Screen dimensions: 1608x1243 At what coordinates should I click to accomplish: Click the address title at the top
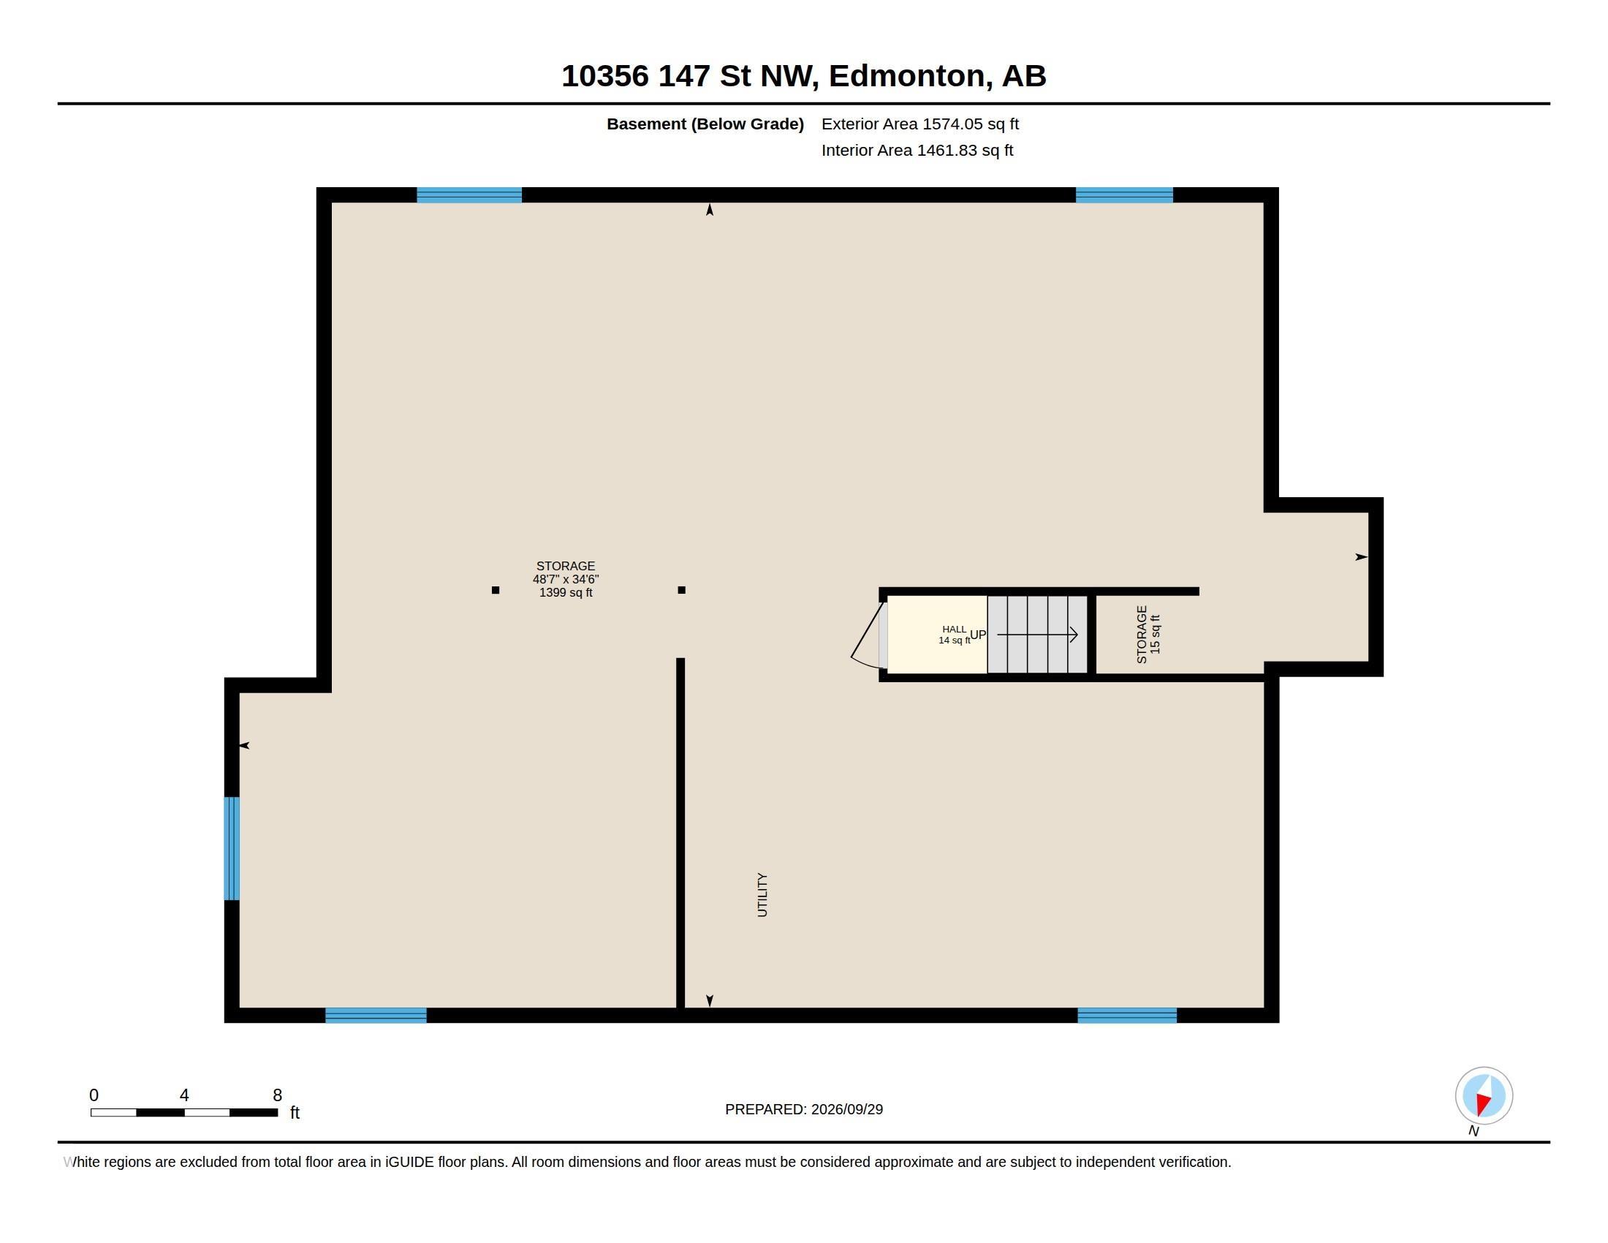tap(803, 76)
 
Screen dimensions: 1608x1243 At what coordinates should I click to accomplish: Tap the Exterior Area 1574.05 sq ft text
tap(919, 124)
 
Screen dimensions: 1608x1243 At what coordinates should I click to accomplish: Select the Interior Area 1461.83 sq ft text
tap(917, 150)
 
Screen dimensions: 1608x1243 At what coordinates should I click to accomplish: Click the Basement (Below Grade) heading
tap(705, 124)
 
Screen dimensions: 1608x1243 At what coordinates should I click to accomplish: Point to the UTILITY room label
tap(762, 895)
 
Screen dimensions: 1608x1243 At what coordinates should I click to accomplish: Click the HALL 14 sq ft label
tap(954, 635)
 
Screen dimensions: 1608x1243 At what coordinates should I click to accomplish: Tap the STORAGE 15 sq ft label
tap(1148, 634)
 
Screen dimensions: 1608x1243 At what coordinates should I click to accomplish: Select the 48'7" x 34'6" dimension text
tap(566, 580)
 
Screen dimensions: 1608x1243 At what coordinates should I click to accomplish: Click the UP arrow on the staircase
tap(1037, 634)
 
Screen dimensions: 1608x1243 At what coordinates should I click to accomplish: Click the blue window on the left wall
tap(231, 848)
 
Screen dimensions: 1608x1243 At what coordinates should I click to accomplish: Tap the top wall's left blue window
tap(469, 195)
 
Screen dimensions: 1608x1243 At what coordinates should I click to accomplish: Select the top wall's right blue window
tap(1123, 195)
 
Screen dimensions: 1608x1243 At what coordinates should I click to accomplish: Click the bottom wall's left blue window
tap(376, 1016)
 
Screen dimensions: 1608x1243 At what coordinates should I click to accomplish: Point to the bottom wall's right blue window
tap(1126, 1016)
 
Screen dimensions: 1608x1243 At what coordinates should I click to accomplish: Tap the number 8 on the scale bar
tap(277, 1095)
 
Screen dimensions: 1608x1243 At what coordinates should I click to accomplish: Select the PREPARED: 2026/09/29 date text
tap(804, 1109)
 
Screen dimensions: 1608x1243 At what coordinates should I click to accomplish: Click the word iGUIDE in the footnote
tap(409, 1162)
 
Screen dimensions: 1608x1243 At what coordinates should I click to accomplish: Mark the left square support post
tap(496, 590)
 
